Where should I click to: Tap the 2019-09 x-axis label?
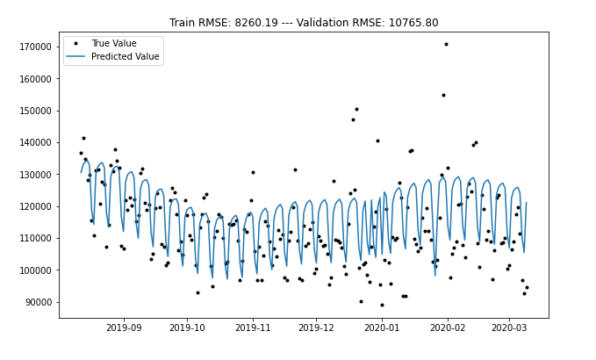click(123, 328)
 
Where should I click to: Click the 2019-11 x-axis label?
click(253, 328)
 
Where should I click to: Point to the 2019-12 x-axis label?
click(316, 328)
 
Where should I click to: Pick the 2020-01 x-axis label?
click(382, 328)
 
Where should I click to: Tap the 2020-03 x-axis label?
click(509, 328)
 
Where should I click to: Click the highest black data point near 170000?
click(446, 44)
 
